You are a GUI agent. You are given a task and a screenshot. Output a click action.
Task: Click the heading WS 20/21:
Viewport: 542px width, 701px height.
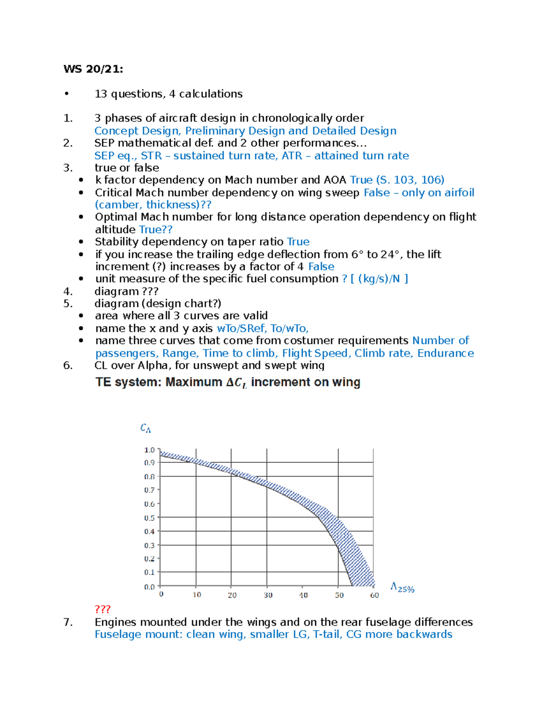(93, 69)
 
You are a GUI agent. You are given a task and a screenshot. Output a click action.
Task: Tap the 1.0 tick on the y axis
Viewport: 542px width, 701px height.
(150, 450)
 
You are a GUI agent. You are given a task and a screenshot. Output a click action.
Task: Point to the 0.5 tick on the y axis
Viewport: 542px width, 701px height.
(150, 518)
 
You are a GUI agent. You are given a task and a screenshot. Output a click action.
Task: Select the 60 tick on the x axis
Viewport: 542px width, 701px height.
(374, 595)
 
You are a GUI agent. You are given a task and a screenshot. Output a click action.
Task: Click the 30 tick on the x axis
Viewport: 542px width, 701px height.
(268, 595)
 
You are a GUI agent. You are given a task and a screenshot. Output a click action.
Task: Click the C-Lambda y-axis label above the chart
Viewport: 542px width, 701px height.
(145, 428)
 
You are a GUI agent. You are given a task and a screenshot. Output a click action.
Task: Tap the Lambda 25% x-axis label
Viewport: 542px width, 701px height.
(402, 587)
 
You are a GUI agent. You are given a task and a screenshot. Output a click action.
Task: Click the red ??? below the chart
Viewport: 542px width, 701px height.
(103, 609)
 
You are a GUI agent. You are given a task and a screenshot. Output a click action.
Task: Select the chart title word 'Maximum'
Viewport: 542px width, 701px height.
(194, 382)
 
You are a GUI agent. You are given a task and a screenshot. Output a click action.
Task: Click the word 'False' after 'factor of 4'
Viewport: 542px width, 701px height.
(321, 267)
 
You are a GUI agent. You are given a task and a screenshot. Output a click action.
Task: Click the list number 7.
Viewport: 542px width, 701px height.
(68, 622)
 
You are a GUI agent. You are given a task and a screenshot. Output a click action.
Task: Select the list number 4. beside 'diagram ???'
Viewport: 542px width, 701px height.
(68, 292)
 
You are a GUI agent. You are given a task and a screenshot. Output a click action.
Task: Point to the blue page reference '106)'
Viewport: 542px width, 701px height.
(432, 180)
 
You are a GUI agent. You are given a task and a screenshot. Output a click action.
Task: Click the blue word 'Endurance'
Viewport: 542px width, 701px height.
(445, 353)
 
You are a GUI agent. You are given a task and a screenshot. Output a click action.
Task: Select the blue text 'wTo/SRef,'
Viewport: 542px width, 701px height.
(241, 329)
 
